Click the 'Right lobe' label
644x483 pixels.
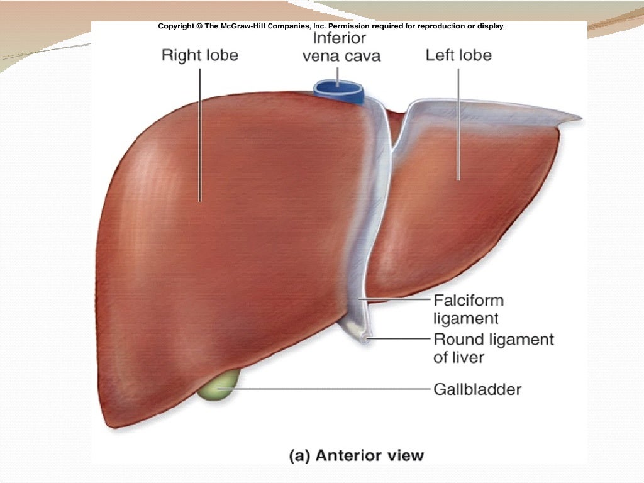pyautogui.click(x=200, y=55)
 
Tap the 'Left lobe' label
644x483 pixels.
pyautogui.click(x=458, y=55)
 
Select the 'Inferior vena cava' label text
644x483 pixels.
pyautogui.click(x=340, y=47)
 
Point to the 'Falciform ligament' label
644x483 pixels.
pyautogui.click(x=469, y=309)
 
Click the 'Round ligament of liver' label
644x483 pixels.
pyautogui.click(x=494, y=348)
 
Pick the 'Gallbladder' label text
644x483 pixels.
pyautogui.click(x=477, y=389)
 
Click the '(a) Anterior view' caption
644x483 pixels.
pyautogui.click(x=356, y=455)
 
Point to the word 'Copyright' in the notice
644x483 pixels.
pyautogui.click(x=176, y=26)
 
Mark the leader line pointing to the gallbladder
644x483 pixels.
pyautogui.click(x=327, y=389)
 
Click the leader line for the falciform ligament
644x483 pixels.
pyautogui.click(x=396, y=300)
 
